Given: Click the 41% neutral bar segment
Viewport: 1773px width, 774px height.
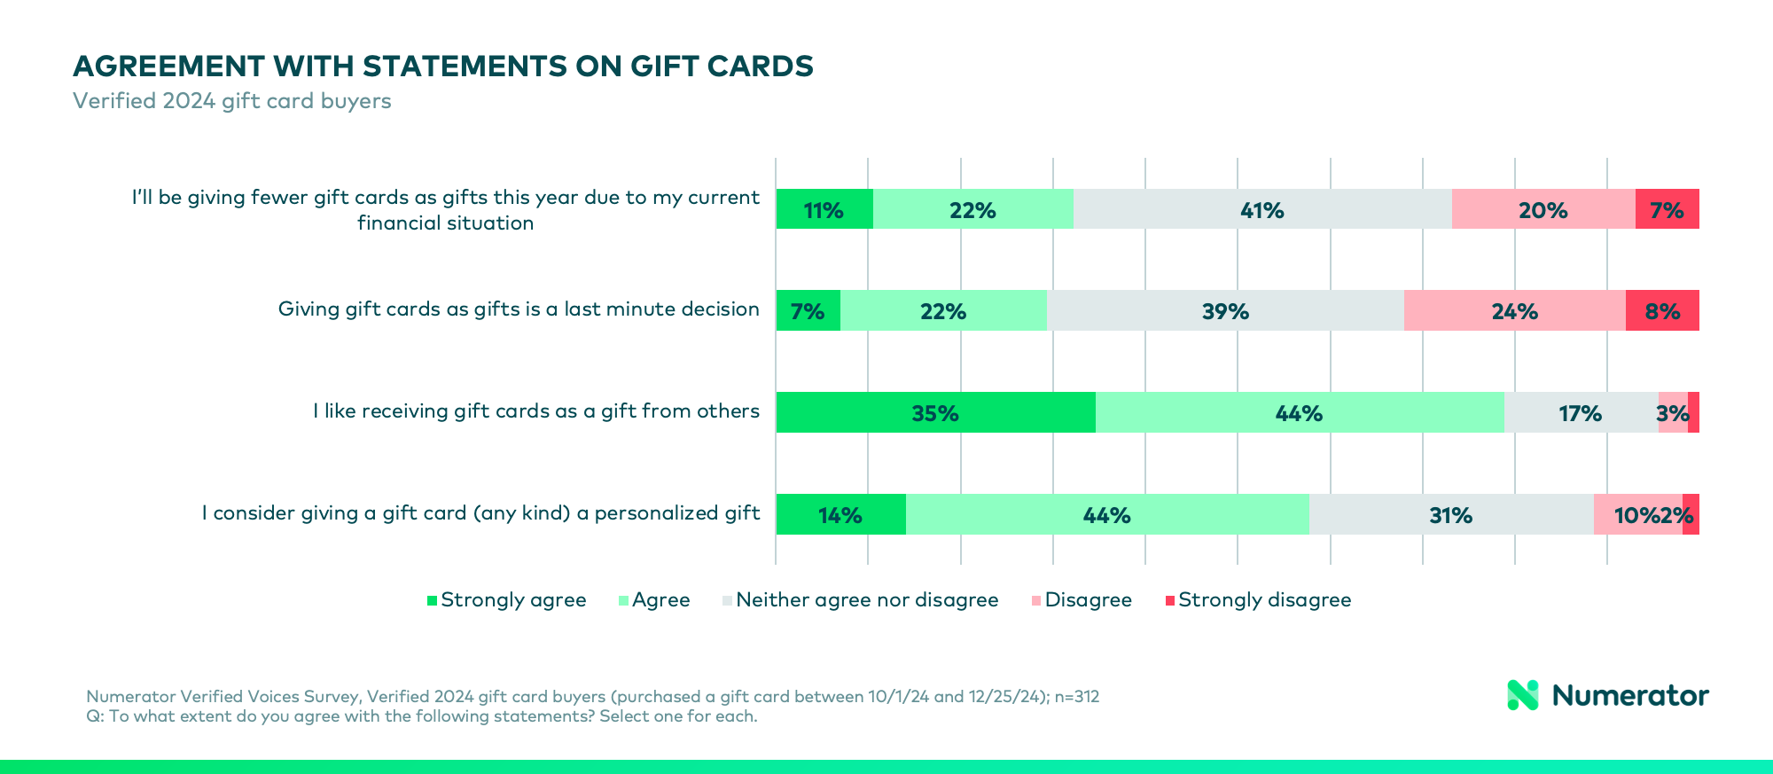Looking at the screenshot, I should pos(1261,210).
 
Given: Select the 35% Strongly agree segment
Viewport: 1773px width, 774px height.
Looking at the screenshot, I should pos(935,413).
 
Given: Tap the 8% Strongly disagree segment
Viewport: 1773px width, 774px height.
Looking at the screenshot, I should pos(1662,311).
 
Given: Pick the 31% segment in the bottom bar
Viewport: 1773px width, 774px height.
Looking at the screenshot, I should pos(1450,515).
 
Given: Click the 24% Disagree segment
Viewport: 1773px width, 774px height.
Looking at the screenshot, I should pos(1514,311).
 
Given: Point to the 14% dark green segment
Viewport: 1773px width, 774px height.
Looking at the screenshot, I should pos(840,515).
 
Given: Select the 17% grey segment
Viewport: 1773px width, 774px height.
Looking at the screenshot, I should pos(1580,413).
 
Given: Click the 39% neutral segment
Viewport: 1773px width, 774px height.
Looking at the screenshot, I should pos(1225,311).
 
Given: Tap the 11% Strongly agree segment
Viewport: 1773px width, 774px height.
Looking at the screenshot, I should pos(824,210).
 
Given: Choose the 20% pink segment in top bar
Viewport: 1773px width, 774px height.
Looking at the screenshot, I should pos(1543,210).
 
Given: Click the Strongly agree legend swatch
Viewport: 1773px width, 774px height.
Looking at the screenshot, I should pos(433,600).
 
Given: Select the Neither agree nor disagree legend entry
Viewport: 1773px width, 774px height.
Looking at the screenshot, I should pos(866,600).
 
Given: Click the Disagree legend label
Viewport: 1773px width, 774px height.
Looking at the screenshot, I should pos(1088,600).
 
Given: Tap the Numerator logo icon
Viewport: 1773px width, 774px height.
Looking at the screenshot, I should pos(1523,695).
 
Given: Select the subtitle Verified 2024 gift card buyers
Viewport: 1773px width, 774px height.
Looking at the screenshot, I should pos(231,101).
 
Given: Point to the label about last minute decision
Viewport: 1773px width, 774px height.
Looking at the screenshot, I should pos(519,309).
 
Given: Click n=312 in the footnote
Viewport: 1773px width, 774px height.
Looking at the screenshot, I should pos(1076,697).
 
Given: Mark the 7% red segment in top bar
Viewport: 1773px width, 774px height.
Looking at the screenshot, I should pos(1667,210).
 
